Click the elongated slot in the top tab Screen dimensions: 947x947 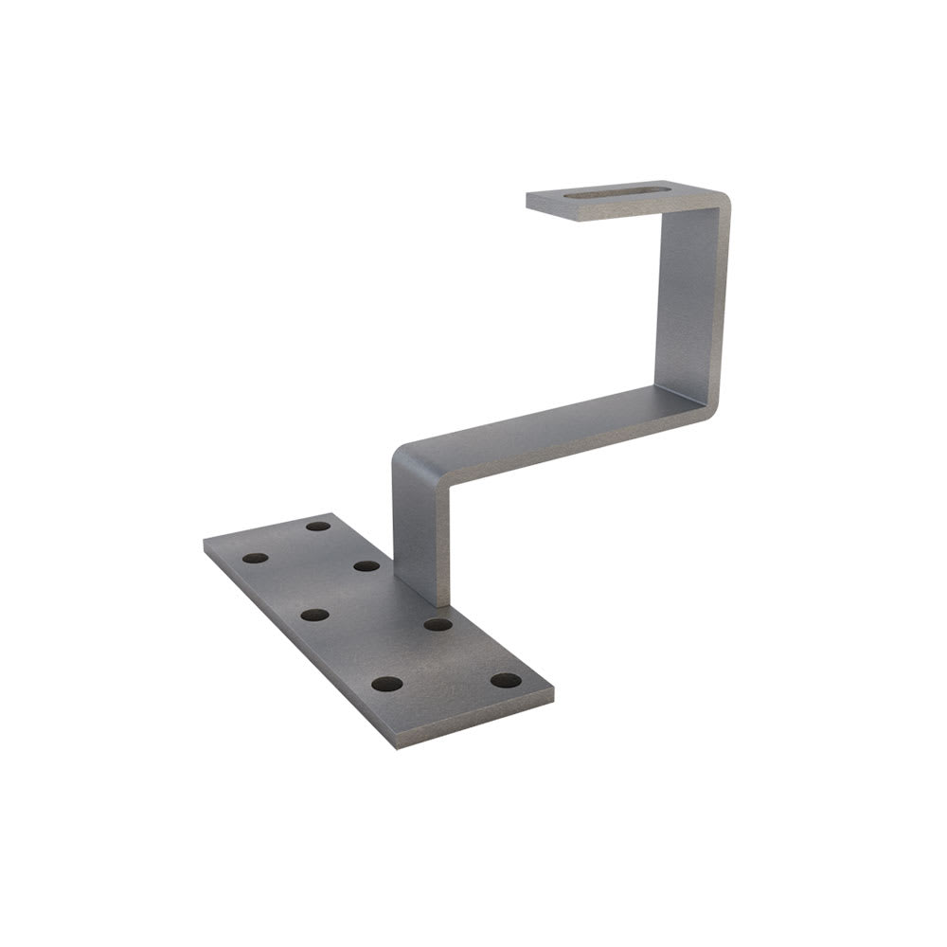click(616, 196)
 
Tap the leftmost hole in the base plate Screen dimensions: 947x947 click(255, 558)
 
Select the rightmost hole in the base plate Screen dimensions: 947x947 click(506, 680)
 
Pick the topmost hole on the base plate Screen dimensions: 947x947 click(318, 526)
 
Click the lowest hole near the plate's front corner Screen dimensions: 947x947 click(386, 684)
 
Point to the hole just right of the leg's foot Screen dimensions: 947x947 click(437, 624)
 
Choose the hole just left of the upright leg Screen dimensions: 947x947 click(366, 566)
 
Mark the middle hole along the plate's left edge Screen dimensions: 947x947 click(314, 615)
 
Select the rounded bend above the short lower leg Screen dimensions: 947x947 click(405, 455)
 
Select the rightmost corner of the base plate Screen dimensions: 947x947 click(553, 693)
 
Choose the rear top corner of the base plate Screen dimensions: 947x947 click(332, 514)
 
